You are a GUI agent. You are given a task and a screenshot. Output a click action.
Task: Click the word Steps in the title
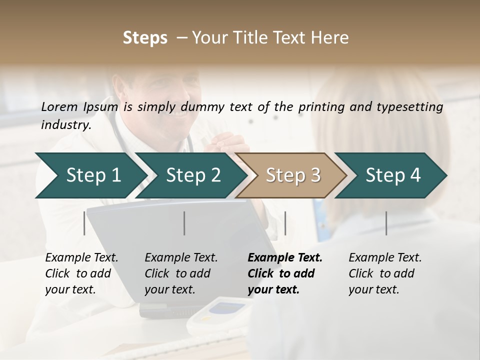(x=145, y=38)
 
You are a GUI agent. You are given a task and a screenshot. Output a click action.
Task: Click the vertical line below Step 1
(x=84, y=223)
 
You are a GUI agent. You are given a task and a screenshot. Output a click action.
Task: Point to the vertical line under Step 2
(x=184, y=223)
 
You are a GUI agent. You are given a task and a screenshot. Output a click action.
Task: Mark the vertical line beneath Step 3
(x=285, y=223)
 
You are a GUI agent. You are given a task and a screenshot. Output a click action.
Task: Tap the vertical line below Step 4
(x=386, y=223)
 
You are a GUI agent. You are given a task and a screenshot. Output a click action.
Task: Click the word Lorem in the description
(x=59, y=106)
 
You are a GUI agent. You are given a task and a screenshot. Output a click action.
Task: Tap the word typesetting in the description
(x=411, y=106)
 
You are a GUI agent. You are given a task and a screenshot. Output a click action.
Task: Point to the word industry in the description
(x=66, y=125)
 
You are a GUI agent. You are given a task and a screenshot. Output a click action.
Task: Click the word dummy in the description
(x=204, y=106)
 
